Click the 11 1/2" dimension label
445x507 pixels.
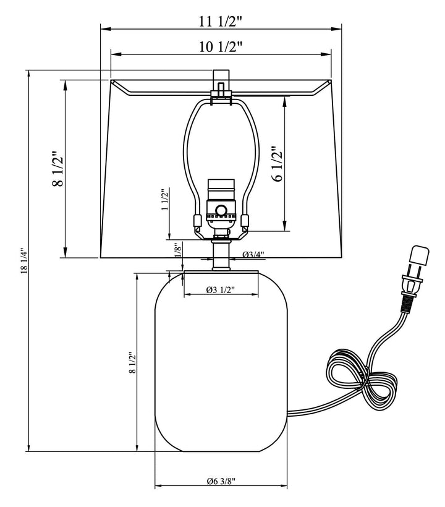click(x=221, y=20)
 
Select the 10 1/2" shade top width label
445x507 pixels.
click(x=221, y=46)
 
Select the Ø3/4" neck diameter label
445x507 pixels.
click(x=253, y=254)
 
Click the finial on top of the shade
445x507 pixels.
click(x=221, y=80)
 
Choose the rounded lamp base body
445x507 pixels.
click(x=221, y=365)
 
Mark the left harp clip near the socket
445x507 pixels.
click(x=196, y=221)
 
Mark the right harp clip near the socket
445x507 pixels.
click(x=245, y=221)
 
